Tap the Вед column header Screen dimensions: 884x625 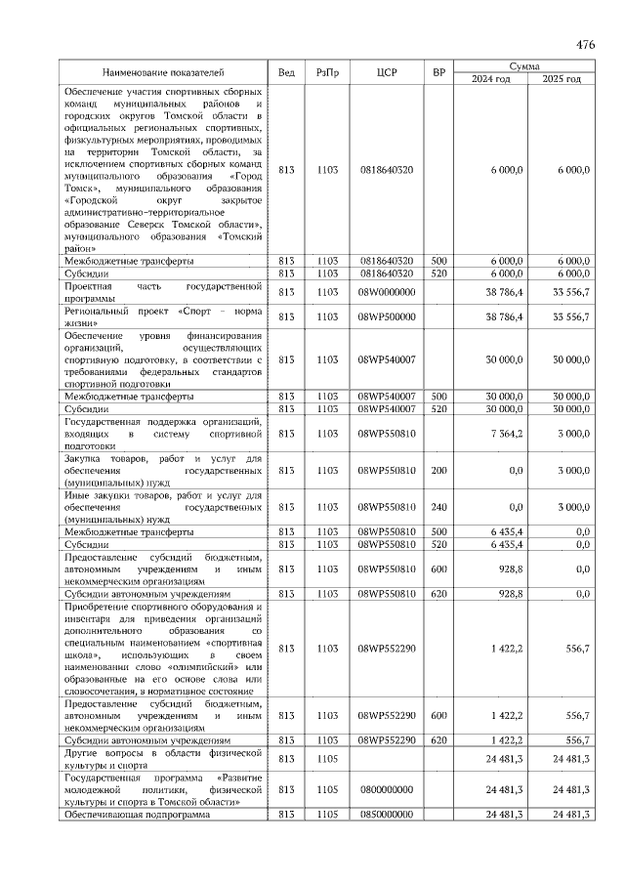[286, 73]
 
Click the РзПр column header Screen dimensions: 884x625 [328, 73]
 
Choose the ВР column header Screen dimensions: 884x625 [439, 73]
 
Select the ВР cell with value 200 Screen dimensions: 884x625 [439, 471]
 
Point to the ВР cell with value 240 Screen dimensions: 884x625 [439, 508]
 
